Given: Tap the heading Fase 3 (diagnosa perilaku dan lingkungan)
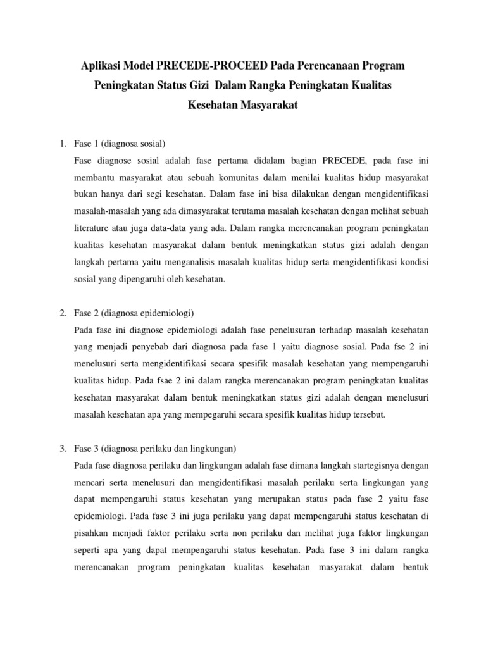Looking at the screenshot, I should pos(155,449).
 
